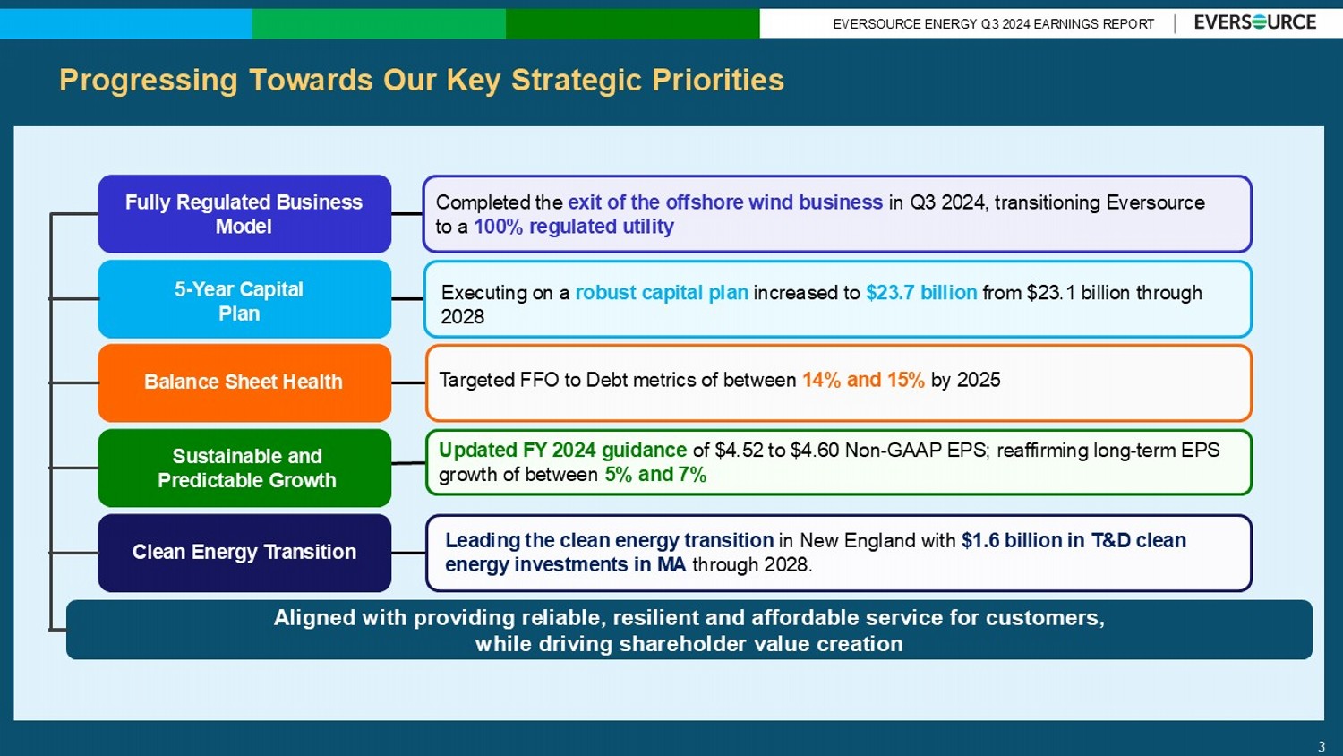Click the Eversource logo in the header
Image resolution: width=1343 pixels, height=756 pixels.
click(x=1255, y=22)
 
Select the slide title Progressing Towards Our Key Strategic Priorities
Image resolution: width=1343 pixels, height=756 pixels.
click(x=422, y=80)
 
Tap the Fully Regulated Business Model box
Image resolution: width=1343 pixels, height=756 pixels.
click(x=244, y=213)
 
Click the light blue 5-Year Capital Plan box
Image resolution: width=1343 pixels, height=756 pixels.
click(x=244, y=299)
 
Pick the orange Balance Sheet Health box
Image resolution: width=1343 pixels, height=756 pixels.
click(x=244, y=382)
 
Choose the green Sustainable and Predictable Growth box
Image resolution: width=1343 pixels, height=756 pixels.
click(x=244, y=468)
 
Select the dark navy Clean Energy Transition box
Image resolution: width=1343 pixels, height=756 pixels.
click(x=244, y=553)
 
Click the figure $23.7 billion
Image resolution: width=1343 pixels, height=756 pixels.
click(x=921, y=292)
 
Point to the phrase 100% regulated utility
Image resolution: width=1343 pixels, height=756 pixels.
click(x=574, y=227)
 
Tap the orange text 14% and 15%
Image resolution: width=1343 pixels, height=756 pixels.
click(x=863, y=380)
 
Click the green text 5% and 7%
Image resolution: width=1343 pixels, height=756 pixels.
click(x=655, y=475)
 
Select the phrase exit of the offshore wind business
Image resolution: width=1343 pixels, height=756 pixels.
click(x=725, y=202)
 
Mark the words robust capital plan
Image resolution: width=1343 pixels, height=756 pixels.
click(x=662, y=292)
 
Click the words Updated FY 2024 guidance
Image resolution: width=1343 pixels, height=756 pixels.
click(x=562, y=450)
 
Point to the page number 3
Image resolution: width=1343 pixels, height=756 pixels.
click(x=1322, y=747)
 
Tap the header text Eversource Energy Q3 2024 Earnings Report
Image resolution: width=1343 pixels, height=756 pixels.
click(x=994, y=24)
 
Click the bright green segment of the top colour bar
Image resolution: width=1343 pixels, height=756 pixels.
click(x=379, y=23)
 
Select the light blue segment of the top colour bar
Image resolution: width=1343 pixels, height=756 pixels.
click(x=126, y=23)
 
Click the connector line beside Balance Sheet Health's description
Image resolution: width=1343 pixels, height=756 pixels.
click(x=408, y=382)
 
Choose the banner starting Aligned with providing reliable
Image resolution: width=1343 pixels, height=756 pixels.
click(x=689, y=630)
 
